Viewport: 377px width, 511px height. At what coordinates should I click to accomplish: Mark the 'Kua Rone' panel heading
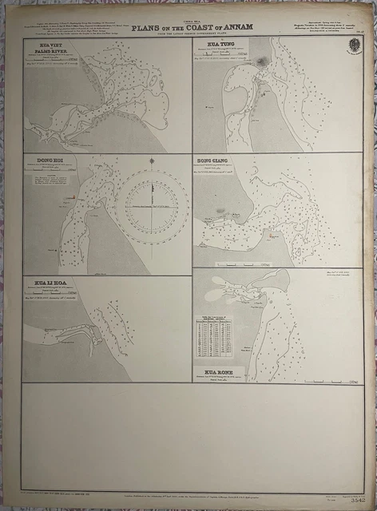point(221,372)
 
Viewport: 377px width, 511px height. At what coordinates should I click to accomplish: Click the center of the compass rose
point(152,206)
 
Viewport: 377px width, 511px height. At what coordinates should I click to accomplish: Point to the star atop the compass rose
point(152,160)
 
